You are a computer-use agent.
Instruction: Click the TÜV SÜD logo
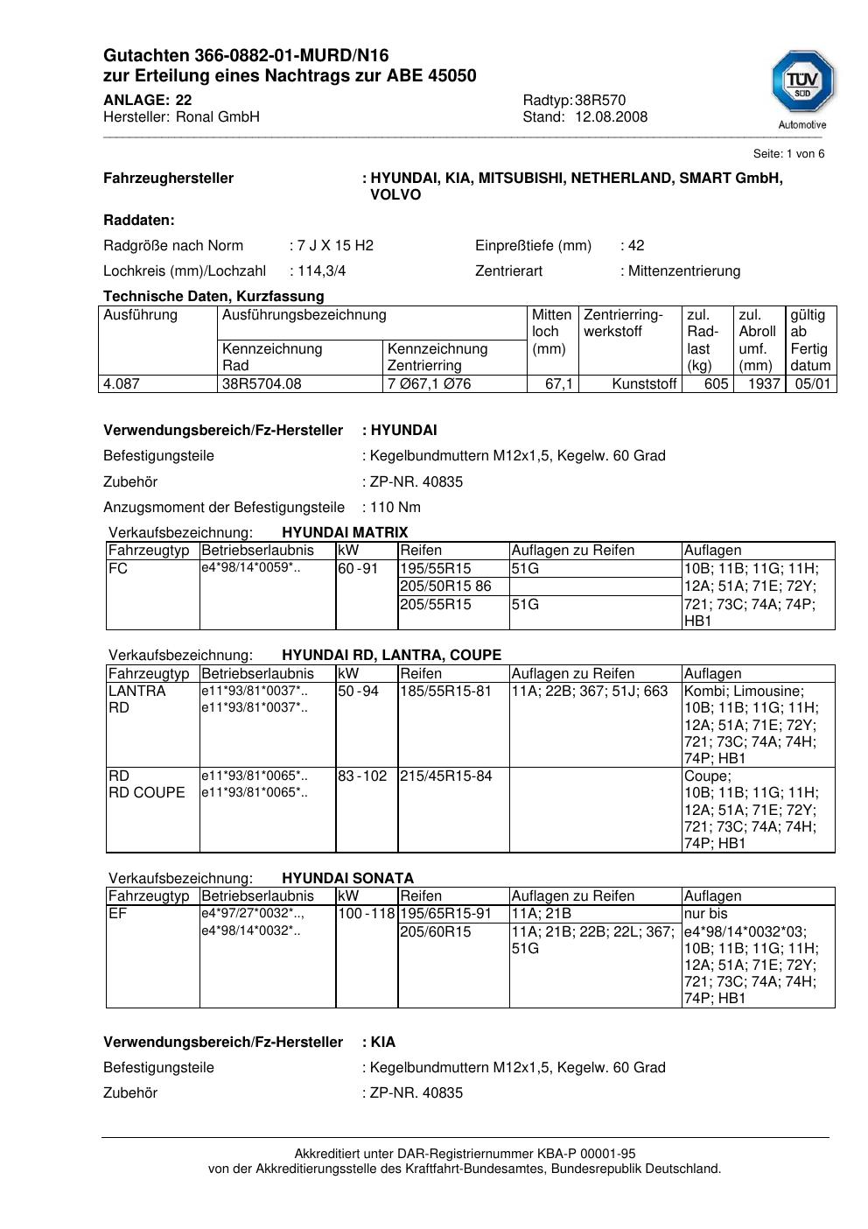click(x=802, y=88)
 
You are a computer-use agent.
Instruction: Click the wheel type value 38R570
click(x=600, y=100)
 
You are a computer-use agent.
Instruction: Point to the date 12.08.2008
click(x=611, y=117)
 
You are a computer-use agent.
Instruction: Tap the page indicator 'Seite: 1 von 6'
click(x=788, y=154)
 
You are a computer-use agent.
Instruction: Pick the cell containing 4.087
click(x=122, y=384)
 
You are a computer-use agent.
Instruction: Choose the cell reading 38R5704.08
click(x=262, y=384)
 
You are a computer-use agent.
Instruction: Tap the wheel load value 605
click(x=716, y=384)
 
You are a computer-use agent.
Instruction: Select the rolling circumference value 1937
click(x=764, y=384)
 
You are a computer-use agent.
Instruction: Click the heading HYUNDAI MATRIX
click(x=345, y=533)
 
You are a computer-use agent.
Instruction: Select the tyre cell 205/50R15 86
click(x=445, y=586)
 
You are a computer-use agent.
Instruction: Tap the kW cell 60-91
click(x=358, y=569)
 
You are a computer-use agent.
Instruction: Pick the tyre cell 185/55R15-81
click(x=445, y=692)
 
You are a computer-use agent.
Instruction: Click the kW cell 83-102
click(x=362, y=776)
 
